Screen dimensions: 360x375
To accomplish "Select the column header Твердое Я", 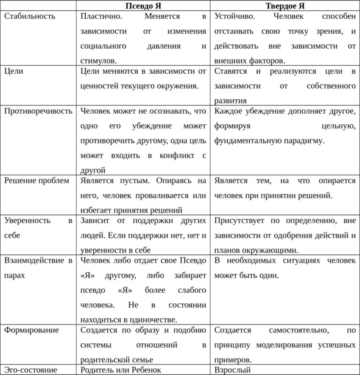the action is (285, 5).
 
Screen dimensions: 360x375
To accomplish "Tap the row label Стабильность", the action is (30, 16).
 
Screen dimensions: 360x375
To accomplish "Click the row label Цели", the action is (13, 71).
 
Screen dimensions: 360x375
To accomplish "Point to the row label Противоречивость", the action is (38, 111).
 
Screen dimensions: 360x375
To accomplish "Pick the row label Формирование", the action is (32, 330).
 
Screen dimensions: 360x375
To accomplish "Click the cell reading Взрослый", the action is (233, 370).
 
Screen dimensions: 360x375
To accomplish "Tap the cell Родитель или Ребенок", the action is (121, 370).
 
